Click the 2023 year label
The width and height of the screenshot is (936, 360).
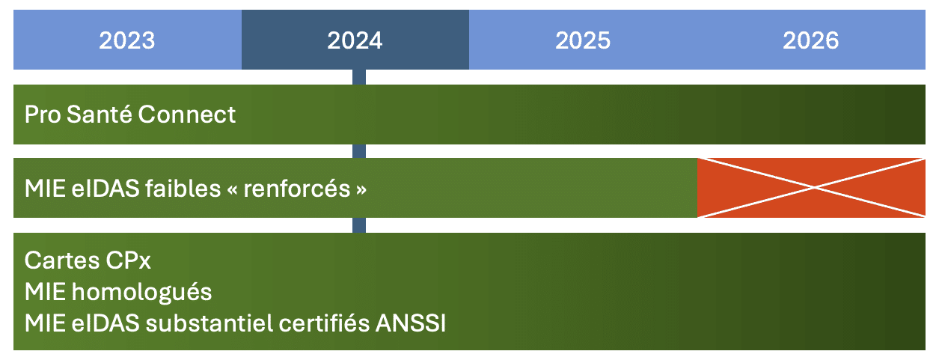coord(127,40)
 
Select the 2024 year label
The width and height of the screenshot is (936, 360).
coord(355,40)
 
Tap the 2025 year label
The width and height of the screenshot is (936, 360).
coord(583,40)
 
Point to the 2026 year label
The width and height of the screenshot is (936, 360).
coord(810,40)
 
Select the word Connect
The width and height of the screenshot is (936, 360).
coord(187,115)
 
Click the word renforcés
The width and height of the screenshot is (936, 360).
coord(297,189)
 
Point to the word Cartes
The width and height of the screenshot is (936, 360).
coord(62,260)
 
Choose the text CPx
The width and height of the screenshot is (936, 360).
coord(128,260)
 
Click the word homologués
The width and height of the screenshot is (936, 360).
coord(141,292)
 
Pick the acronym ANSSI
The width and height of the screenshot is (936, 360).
coord(411,323)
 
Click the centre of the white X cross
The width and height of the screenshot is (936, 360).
coord(813,188)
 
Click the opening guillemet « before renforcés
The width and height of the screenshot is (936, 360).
coord(233,189)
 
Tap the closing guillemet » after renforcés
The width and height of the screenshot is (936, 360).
coord(361,189)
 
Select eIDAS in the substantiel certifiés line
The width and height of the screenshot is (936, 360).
coord(105,323)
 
